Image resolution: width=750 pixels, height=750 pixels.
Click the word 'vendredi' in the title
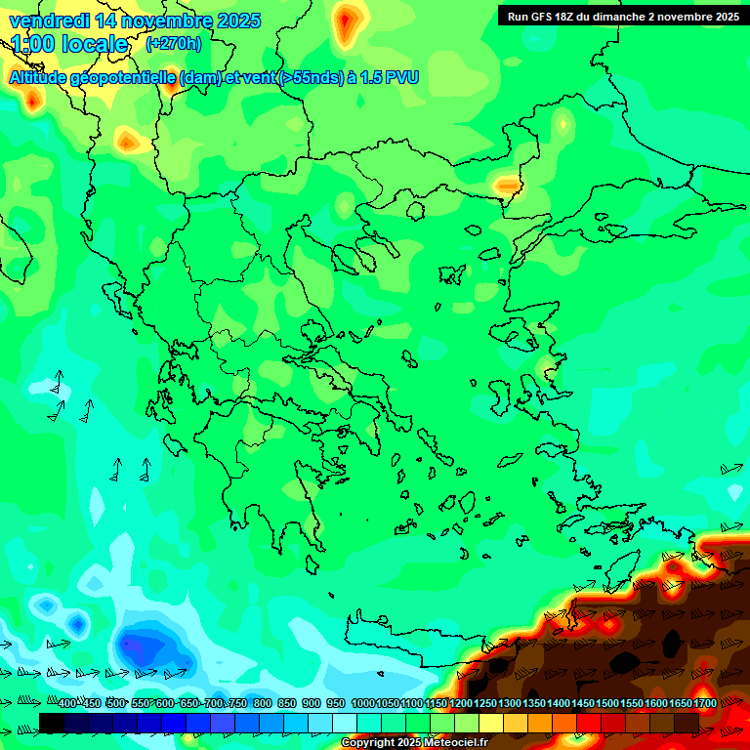pos(46,21)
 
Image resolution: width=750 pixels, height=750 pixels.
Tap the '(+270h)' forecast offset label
pos(173,44)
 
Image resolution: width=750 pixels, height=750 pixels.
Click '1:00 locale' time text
pos(70,44)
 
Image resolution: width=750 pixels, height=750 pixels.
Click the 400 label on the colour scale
pos(66,704)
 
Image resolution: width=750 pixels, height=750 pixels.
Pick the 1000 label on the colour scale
pos(362,704)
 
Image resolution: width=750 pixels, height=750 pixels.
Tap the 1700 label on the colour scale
pos(705,704)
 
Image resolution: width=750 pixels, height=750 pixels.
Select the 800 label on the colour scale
pos(262,704)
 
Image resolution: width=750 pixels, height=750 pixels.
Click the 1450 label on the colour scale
pos(583,704)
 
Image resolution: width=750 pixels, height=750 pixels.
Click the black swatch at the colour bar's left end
pos(52,723)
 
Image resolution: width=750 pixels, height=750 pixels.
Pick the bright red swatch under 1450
pos(589,723)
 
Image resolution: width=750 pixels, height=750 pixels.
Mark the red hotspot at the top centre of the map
pos(345,23)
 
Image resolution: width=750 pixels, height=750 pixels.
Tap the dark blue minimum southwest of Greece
pos(137,646)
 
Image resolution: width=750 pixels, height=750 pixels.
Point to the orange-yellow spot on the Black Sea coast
pos(507,184)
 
